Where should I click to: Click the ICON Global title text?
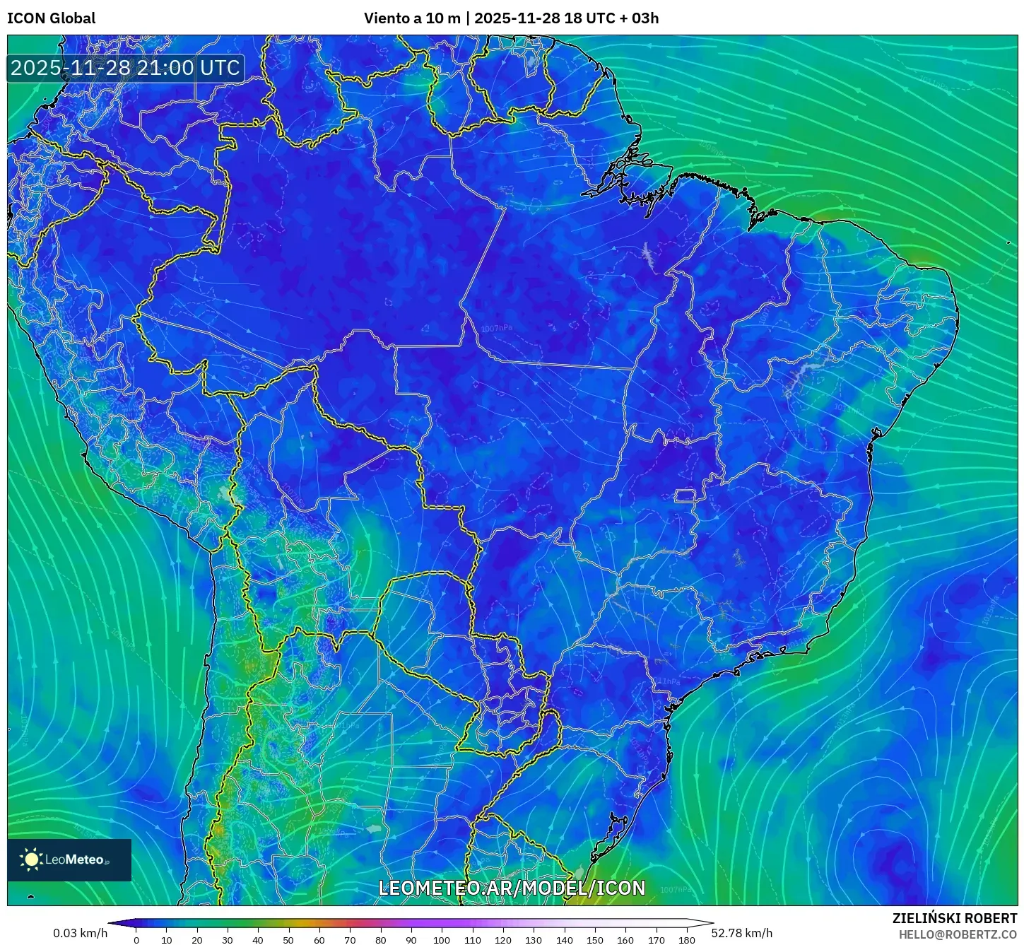tap(51, 18)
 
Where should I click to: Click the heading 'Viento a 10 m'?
tap(411, 18)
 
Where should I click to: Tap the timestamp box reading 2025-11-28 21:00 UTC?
tap(125, 68)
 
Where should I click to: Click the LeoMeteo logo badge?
tap(69, 859)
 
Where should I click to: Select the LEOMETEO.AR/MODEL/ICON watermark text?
tap(512, 888)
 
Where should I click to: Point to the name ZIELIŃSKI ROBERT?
tap(954, 919)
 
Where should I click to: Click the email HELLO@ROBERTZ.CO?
tap(958, 934)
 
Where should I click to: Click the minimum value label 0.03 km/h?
tap(80, 933)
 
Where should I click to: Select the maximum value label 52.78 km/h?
tap(741, 933)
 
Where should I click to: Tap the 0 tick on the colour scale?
tap(136, 939)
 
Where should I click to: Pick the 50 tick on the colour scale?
tap(288, 939)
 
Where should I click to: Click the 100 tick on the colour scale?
tap(442, 939)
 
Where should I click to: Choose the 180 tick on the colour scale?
tap(686, 939)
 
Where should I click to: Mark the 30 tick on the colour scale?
tap(228, 939)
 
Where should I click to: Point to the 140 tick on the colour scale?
tap(564, 939)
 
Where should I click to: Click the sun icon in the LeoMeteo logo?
tap(32, 859)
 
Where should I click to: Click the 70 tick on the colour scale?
tap(350, 939)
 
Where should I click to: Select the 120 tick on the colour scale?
tap(503, 939)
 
